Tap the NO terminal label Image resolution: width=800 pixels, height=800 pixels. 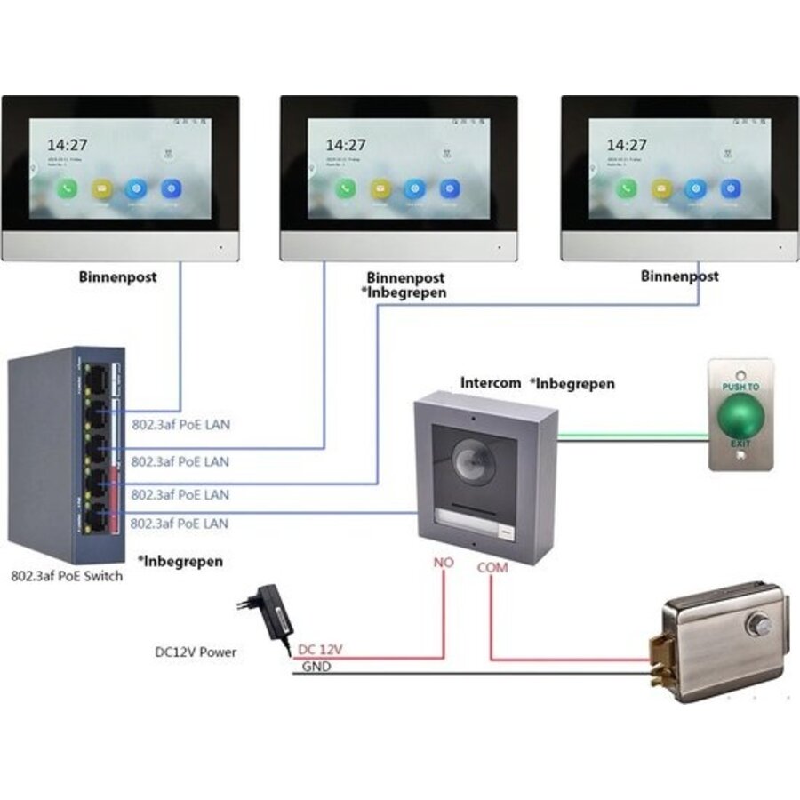click(444, 562)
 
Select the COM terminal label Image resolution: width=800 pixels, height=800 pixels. click(492, 566)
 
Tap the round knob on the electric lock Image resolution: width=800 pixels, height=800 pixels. click(760, 624)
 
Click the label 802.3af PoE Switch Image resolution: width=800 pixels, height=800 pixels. click(67, 576)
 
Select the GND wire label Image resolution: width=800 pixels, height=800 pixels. click(316, 667)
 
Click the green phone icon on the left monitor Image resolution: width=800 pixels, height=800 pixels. click(66, 188)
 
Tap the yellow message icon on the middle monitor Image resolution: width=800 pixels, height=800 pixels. click(380, 188)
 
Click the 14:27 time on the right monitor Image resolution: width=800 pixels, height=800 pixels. click(627, 144)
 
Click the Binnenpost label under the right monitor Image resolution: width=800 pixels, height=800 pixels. click(679, 276)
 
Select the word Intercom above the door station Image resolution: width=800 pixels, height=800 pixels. click(490, 383)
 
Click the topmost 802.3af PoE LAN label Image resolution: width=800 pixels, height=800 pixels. click(180, 425)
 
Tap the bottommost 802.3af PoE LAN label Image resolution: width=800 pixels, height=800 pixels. click(180, 524)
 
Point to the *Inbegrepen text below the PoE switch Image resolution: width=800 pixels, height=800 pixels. click(180, 562)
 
